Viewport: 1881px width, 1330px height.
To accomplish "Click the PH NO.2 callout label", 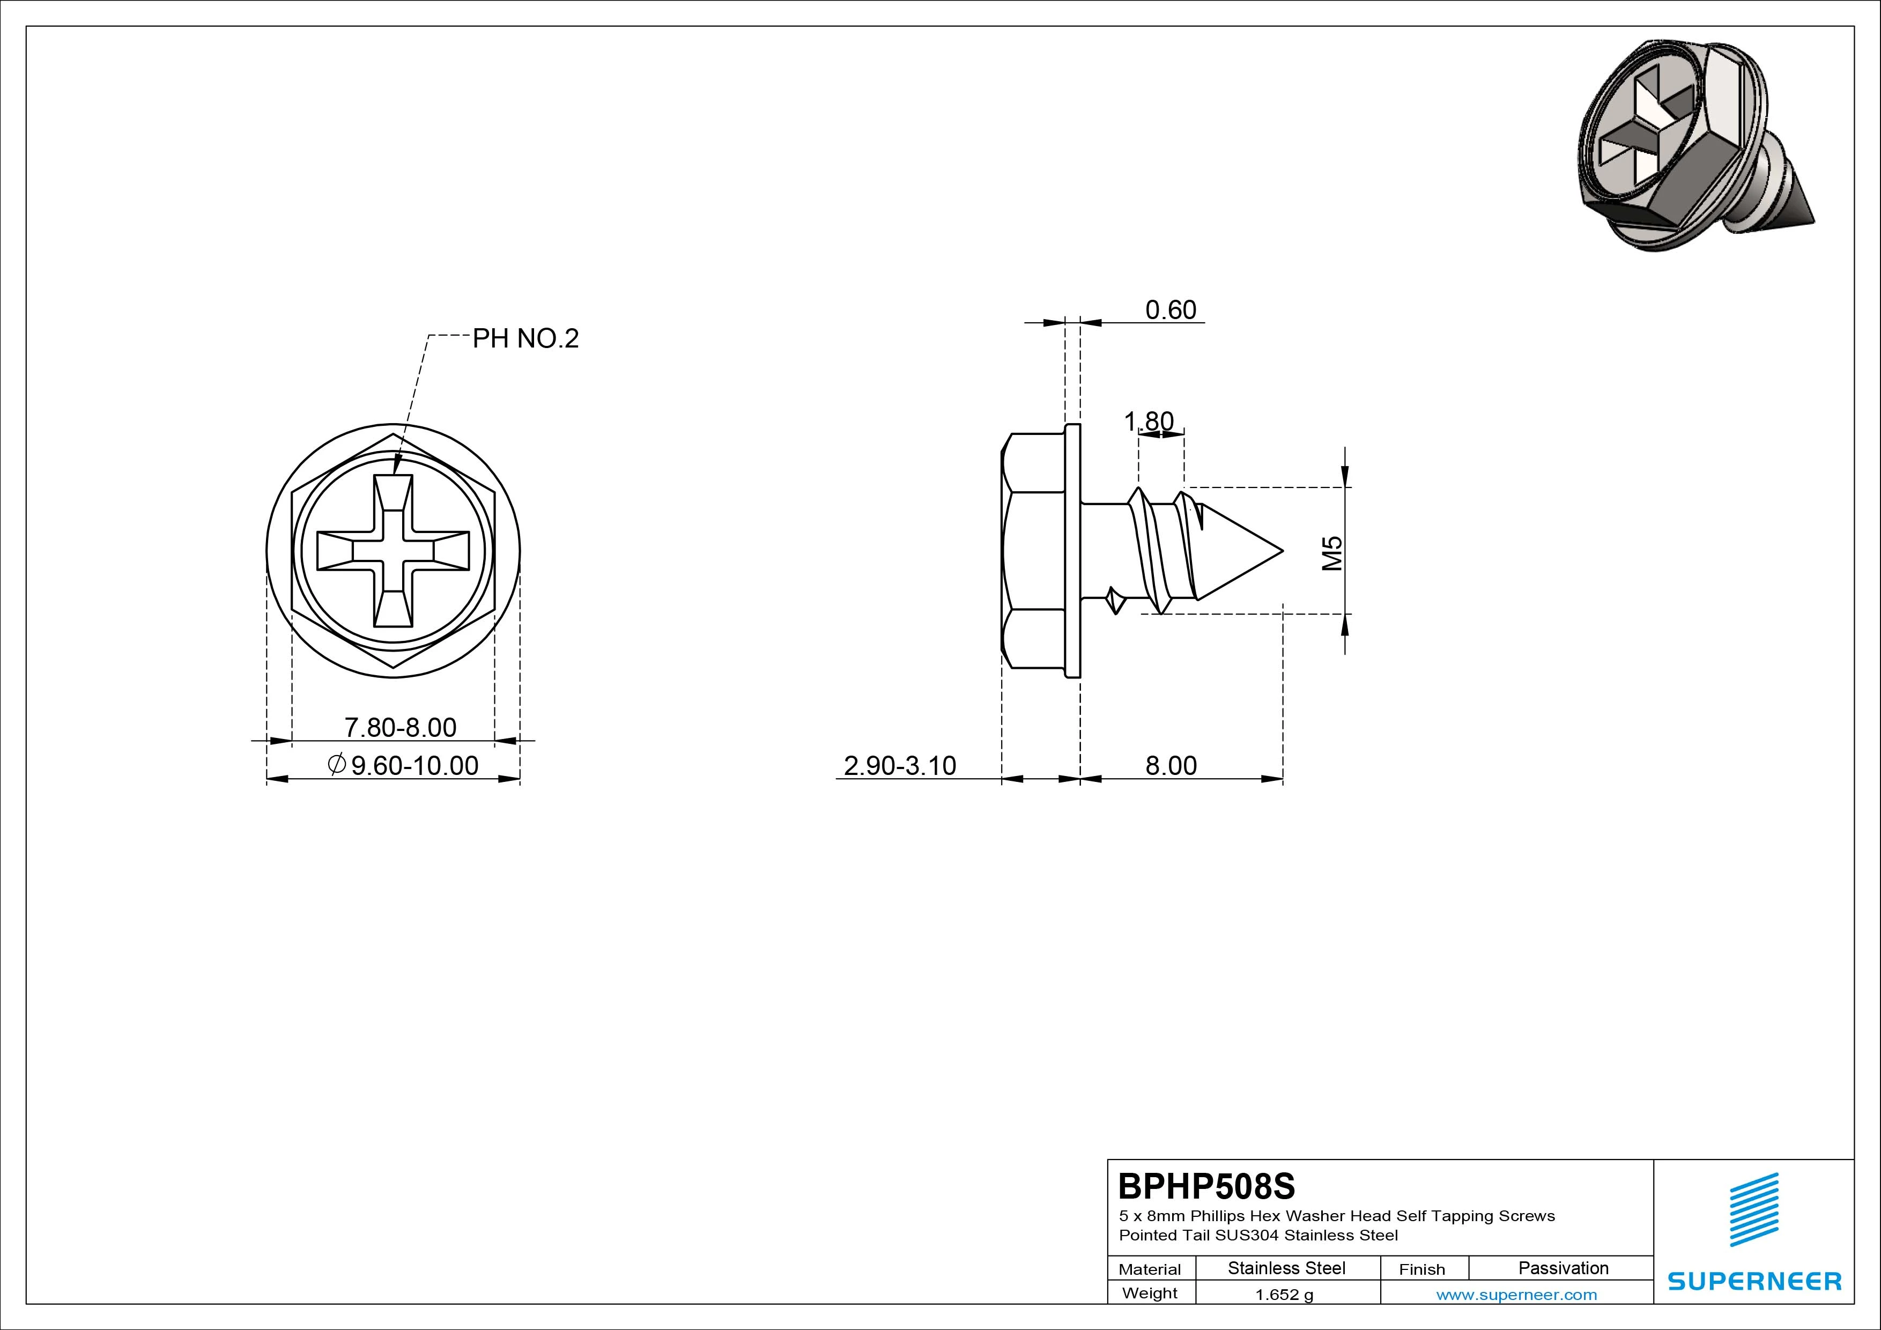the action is tap(525, 338).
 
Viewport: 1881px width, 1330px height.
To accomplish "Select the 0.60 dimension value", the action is tap(1171, 310).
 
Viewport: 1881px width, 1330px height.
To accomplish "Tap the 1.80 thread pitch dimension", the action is tap(1149, 421).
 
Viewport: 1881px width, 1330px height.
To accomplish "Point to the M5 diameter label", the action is tap(1334, 552).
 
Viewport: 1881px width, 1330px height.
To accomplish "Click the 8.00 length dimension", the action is tap(1171, 765).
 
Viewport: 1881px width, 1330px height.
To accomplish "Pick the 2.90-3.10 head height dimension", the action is tap(900, 765).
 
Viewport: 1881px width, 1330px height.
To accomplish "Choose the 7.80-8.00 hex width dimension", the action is tap(400, 727).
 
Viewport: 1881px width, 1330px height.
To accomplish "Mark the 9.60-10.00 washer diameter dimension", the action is tap(402, 765).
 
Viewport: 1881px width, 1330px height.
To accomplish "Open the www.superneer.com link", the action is tap(1516, 1295).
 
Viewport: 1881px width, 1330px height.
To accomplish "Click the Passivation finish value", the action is tap(1563, 1268).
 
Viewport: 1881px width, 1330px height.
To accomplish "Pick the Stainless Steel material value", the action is tap(1286, 1268).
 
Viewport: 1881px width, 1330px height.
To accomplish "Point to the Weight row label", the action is tap(1150, 1293).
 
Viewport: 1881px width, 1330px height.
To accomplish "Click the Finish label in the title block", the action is tap(1421, 1269).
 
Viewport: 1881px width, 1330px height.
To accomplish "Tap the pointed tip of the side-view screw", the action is tap(1282, 550).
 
